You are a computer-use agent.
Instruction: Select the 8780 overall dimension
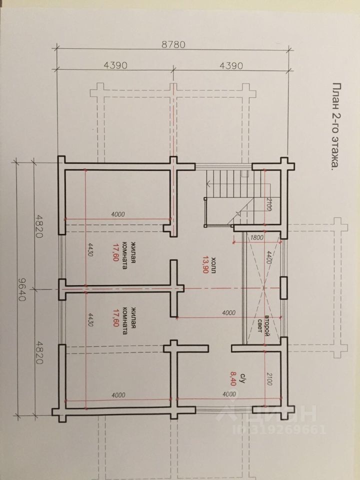173,44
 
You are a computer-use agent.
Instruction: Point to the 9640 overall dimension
21,289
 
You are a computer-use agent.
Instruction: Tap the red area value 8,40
232,378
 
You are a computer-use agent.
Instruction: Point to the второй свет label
263,325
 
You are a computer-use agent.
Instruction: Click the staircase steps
234,184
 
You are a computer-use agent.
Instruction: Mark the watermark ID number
279,429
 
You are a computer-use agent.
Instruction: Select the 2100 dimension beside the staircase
268,204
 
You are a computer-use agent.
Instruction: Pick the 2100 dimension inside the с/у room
269,378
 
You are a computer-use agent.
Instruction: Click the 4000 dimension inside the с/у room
229,394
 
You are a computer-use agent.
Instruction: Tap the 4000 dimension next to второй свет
228,312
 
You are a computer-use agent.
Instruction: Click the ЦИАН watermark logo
267,413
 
